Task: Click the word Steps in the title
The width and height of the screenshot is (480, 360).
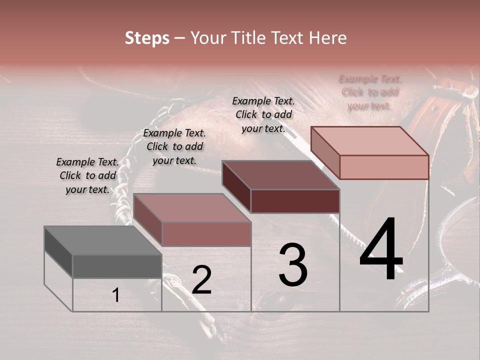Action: coord(147,38)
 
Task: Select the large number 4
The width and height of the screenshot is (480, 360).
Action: coord(381,250)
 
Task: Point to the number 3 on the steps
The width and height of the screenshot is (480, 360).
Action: coord(293,265)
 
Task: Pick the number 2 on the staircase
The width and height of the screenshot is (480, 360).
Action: coord(201,280)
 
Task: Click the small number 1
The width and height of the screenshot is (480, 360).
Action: coord(116,295)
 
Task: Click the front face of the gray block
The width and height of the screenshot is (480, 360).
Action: coord(117,266)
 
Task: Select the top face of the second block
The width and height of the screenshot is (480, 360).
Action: coord(192,208)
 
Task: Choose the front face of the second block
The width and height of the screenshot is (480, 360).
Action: coord(206,234)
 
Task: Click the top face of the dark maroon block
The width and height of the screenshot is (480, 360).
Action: coord(280,175)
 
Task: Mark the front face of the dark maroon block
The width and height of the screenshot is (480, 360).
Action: coord(295,201)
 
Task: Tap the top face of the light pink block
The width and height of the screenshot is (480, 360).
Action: coord(369,141)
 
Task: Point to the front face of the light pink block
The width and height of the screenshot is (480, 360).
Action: coord(384,167)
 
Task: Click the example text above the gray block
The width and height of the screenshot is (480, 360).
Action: coord(87,176)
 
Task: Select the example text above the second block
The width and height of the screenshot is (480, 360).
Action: coord(174,147)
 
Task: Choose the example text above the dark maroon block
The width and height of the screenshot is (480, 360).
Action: coord(263,115)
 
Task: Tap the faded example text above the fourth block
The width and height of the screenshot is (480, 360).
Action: coord(370,92)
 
